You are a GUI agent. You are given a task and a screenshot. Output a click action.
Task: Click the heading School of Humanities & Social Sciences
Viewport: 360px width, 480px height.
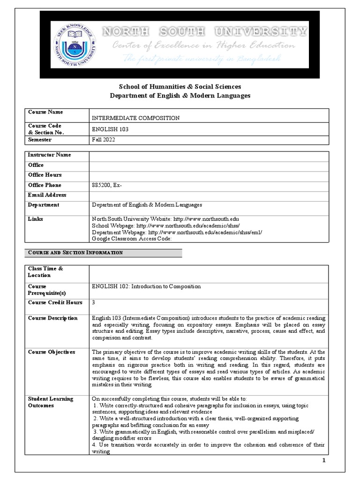pos(180,86)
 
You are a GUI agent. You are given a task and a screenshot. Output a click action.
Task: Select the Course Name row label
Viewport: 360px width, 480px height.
pos(45,112)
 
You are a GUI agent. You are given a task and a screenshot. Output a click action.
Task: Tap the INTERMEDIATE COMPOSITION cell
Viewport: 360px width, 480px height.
pos(136,118)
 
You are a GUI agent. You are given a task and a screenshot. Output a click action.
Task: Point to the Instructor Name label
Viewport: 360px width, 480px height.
pos(50,155)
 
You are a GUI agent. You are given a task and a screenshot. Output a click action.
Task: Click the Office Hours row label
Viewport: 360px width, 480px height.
pos(45,175)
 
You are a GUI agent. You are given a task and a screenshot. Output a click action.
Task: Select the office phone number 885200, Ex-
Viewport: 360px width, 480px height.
pos(107,185)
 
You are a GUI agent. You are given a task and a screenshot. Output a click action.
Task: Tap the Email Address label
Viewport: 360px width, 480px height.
pos(47,195)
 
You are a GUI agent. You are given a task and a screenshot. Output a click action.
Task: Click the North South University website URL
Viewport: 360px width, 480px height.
pos(206,219)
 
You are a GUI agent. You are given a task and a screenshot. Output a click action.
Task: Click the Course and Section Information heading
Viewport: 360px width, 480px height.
pos(75,253)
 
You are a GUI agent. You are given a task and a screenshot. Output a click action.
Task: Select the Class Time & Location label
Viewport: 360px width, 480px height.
pos(45,272)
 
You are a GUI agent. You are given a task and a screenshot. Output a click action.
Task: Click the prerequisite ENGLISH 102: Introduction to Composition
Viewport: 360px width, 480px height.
pos(146,286)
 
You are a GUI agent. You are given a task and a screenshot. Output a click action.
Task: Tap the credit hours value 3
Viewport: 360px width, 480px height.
pos(94,302)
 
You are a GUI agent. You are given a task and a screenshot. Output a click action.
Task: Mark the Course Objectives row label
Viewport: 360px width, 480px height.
pos(52,352)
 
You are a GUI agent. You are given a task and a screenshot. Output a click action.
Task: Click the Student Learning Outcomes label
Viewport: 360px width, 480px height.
pos(51,402)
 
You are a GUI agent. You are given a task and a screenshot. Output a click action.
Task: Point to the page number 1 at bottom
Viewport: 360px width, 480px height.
pos(323,461)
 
